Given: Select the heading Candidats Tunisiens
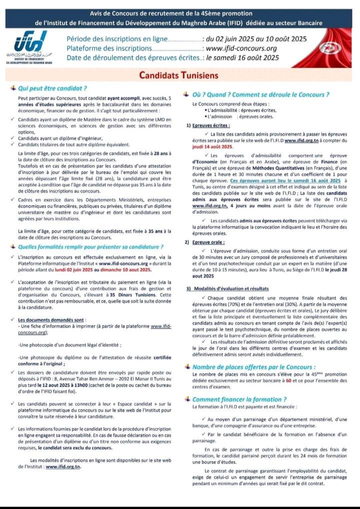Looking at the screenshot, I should point(179,75).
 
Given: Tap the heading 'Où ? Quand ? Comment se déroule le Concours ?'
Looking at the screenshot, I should point(261,94).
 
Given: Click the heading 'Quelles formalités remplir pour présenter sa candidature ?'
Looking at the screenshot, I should point(90,247).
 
